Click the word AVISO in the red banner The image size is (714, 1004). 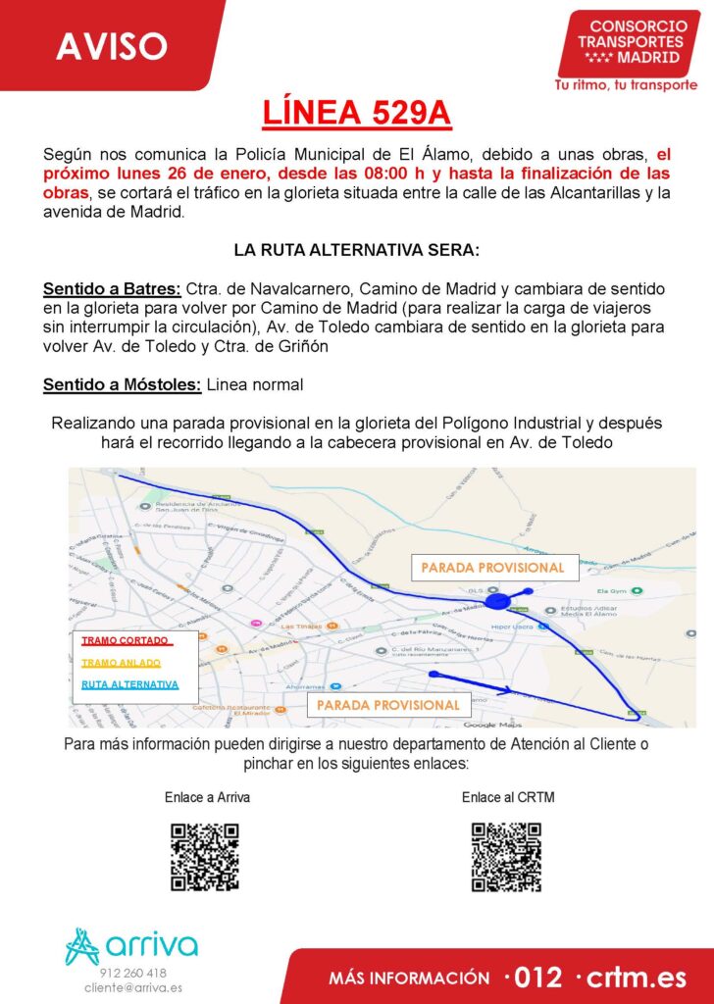click(112, 45)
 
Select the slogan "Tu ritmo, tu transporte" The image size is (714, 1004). click(626, 85)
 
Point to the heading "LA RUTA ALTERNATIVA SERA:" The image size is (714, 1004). click(357, 250)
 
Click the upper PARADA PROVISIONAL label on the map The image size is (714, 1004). click(492, 568)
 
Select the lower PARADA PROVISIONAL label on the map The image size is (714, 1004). click(388, 705)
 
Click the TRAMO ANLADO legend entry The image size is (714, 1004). click(121, 662)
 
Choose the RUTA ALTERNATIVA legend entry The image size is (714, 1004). click(129, 683)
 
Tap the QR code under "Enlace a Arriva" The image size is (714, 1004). click(205, 856)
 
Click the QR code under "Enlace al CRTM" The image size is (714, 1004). click(506, 856)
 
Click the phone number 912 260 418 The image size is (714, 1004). click(133, 973)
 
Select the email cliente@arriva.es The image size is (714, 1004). click(133, 988)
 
